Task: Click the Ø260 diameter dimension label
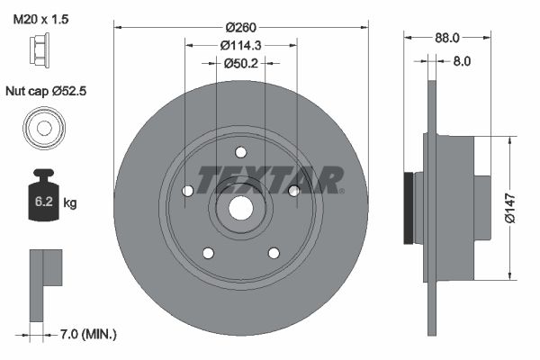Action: click(x=240, y=26)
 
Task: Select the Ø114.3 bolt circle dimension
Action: click(x=240, y=45)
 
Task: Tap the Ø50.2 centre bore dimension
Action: click(x=240, y=63)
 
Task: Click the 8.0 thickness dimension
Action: click(x=462, y=62)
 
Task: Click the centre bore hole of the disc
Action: click(x=240, y=207)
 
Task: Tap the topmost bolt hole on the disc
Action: click(x=241, y=152)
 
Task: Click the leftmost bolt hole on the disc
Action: click(x=187, y=191)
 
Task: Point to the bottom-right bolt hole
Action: click(x=274, y=253)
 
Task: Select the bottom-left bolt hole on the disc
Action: click(x=208, y=253)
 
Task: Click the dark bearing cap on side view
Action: click(x=410, y=207)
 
